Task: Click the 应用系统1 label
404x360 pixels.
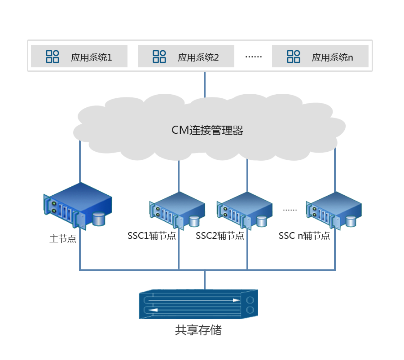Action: [x=91, y=57]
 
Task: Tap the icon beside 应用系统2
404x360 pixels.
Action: [x=159, y=57]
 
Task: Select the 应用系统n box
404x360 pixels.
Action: [x=320, y=56]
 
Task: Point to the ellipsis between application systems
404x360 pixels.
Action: [x=253, y=57]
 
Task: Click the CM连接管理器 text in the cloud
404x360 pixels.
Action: [x=207, y=131]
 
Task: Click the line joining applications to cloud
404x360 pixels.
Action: [x=205, y=84]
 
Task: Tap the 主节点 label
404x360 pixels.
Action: [x=63, y=239]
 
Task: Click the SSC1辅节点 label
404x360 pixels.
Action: [x=152, y=236]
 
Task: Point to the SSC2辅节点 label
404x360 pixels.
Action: [x=220, y=236]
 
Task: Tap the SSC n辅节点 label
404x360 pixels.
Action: [x=304, y=236]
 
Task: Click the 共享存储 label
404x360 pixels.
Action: [x=198, y=331]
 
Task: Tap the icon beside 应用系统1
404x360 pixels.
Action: [x=53, y=57]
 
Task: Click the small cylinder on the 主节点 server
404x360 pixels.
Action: [x=98, y=219]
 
